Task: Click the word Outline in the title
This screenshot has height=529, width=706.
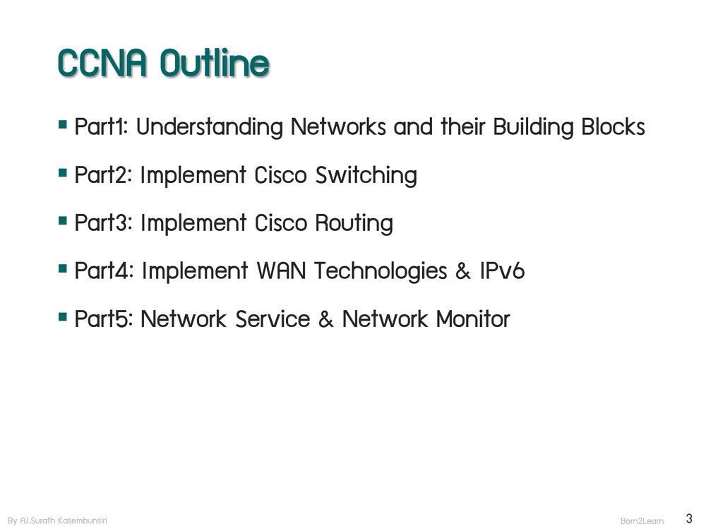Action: [x=215, y=64]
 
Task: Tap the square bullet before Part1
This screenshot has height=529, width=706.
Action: [x=64, y=126]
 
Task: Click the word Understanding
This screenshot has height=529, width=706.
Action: [x=209, y=127]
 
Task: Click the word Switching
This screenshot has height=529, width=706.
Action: [x=366, y=175]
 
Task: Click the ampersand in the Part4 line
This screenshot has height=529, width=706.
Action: [x=463, y=271]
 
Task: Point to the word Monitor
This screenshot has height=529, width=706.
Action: [x=472, y=319]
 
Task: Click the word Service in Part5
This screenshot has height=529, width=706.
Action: [x=273, y=319]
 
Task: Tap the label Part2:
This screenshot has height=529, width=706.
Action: [x=104, y=175]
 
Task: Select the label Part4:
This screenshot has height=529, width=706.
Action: [x=104, y=271]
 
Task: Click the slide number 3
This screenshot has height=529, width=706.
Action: [x=688, y=518]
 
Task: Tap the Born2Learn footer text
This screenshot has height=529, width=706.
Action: [x=642, y=521]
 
